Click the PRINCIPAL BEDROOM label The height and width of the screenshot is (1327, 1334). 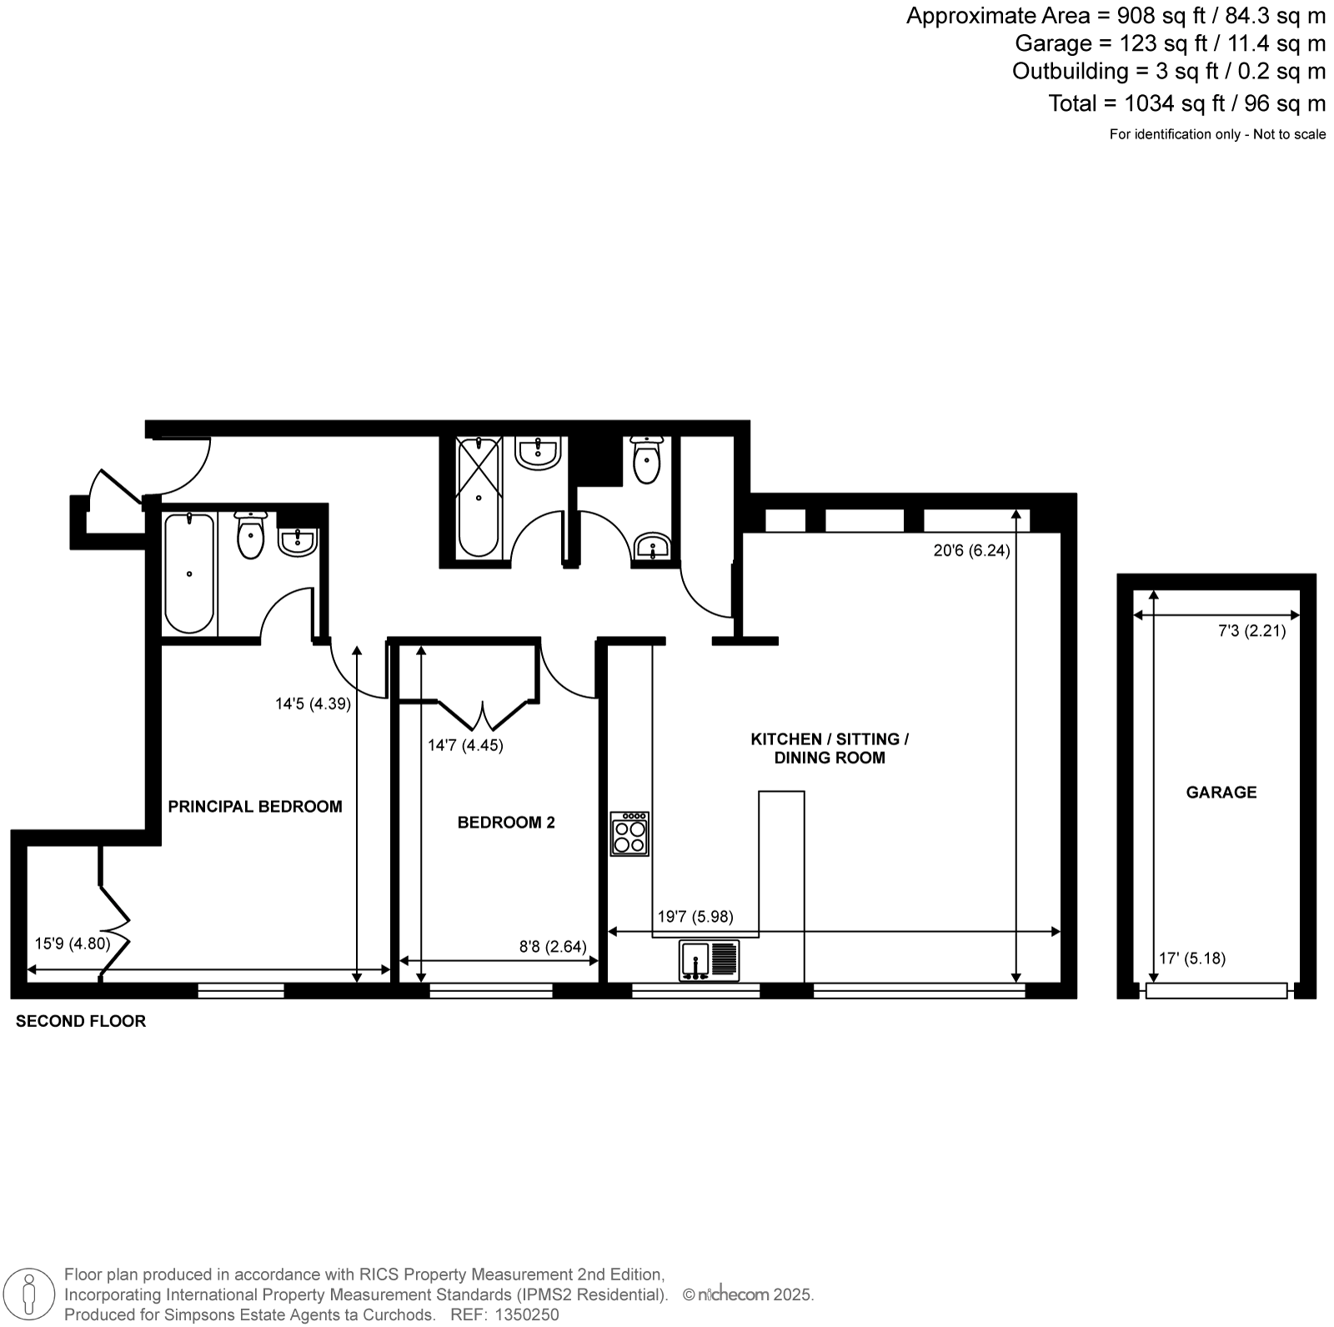pyautogui.click(x=255, y=806)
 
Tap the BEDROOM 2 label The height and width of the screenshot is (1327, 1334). pyautogui.click(x=506, y=823)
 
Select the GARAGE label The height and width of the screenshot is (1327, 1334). pyautogui.click(x=1221, y=792)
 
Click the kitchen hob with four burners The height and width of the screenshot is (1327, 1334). pyautogui.click(x=629, y=834)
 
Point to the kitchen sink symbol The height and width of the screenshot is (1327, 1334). pyautogui.click(x=710, y=959)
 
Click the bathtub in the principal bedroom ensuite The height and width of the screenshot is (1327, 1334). pyautogui.click(x=189, y=573)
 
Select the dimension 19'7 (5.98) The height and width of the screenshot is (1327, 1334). pyautogui.click(x=695, y=917)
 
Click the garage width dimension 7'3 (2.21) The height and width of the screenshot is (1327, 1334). pyautogui.click(x=1251, y=631)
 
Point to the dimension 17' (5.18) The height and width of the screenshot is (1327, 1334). pyautogui.click(x=1192, y=958)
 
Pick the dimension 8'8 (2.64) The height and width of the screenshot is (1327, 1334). pyautogui.click(x=553, y=946)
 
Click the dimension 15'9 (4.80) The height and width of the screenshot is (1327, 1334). pyautogui.click(x=73, y=944)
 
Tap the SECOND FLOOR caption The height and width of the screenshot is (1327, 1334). pyautogui.click(x=81, y=1021)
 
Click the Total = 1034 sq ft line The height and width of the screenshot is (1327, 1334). pyautogui.click(x=1186, y=103)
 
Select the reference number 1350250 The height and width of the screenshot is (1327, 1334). pyautogui.click(x=528, y=1314)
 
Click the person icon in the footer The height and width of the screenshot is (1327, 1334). pyautogui.click(x=30, y=1294)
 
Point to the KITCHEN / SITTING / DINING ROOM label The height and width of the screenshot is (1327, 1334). pyautogui.click(x=830, y=749)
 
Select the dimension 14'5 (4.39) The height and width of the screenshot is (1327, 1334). pyautogui.click(x=313, y=704)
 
